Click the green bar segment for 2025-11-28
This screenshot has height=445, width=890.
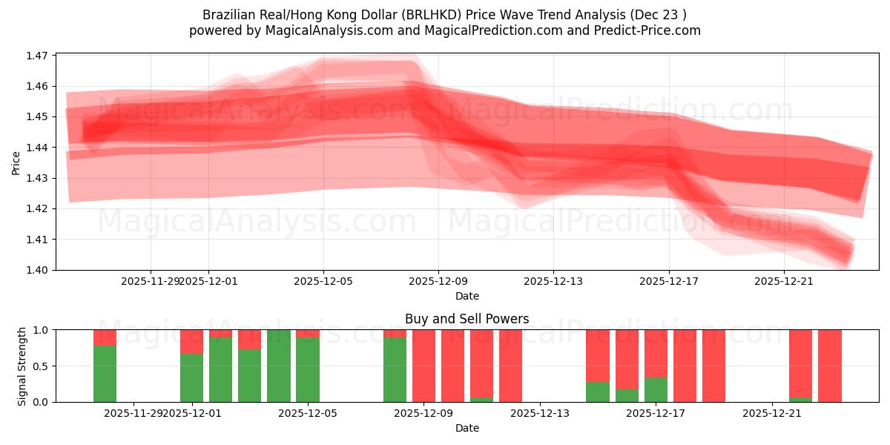[x=105, y=374]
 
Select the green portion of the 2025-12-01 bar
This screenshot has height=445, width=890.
[x=191, y=378]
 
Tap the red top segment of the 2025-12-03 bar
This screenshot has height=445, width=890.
[x=249, y=339]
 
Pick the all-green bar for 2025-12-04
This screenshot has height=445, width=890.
[x=278, y=366]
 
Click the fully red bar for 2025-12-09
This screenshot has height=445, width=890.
[x=423, y=366]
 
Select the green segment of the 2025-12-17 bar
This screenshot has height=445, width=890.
[x=656, y=389]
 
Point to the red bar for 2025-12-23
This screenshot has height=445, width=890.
[x=829, y=366]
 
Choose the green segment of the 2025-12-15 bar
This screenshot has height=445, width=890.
[x=597, y=392]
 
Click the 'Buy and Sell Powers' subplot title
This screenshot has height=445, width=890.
[x=467, y=320]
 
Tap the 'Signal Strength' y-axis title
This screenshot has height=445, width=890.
[x=22, y=366]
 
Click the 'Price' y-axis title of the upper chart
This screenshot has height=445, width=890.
[x=16, y=162]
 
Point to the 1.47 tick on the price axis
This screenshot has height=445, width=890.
[x=37, y=56]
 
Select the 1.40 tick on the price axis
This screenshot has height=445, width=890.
[x=37, y=270]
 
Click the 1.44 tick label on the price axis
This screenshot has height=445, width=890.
[x=37, y=148]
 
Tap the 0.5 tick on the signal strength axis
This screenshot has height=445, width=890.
[x=39, y=366]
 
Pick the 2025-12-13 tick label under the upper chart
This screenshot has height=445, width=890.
[x=553, y=282]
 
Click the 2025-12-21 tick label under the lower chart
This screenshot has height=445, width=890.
[x=772, y=414]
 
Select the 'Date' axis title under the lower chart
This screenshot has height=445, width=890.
[x=467, y=428]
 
